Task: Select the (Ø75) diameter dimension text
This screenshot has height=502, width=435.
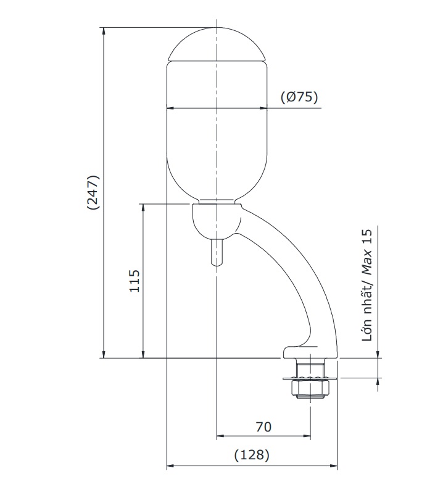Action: pos(299,97)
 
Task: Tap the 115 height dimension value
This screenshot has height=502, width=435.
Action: pos(136,281)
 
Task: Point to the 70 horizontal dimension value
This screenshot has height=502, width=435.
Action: pos(263,427)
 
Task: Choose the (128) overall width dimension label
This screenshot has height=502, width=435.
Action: pos(252,455)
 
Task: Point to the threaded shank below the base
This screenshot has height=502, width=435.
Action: pos(309,369)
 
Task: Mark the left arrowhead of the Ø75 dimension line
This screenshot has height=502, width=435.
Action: pos(171,108)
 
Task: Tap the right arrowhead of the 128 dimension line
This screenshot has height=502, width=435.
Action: pos(335,466)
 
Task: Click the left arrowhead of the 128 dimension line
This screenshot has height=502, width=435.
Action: pos(171,466)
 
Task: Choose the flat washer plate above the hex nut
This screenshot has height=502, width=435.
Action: pos(309,378)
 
